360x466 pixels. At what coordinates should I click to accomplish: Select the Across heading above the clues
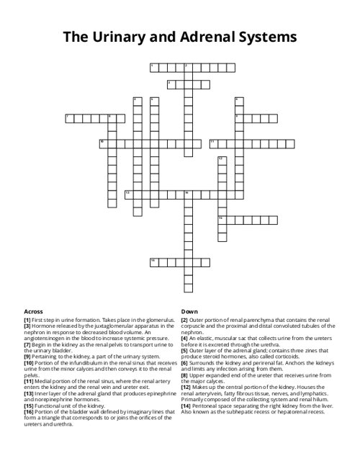(x=33, y=312)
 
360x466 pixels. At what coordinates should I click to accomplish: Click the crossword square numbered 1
(x=154, y=67)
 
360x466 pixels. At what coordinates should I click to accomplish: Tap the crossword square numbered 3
(x=171, y=84)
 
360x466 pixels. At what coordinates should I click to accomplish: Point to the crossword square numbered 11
(x=214, y=143)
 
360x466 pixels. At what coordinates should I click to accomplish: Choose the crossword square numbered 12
(x=222, y=159)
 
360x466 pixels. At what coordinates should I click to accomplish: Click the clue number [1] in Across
(x=27, y=319)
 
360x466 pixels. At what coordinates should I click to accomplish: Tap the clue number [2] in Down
(x=185, y=319)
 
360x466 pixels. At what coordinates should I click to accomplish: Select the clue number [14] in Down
(x=186, y=405)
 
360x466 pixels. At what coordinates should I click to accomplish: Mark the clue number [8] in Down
(x=185, y=375)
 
